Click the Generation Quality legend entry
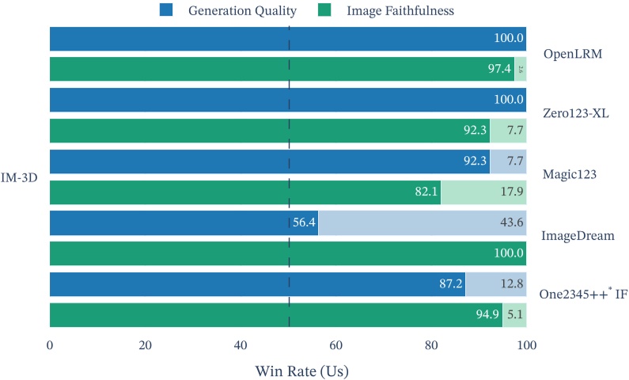[x=241, y=10]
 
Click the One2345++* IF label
[x=583, y=294]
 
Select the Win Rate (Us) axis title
[x=301, y=368]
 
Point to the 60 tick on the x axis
[x=335, y=345]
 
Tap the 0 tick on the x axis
[x=50, y=345]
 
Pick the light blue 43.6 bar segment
[x=422, y=223]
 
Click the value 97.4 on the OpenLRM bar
[x=499, y=70]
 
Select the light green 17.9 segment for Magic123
[x=483, y=192]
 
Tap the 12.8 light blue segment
[x=495, y=284]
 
